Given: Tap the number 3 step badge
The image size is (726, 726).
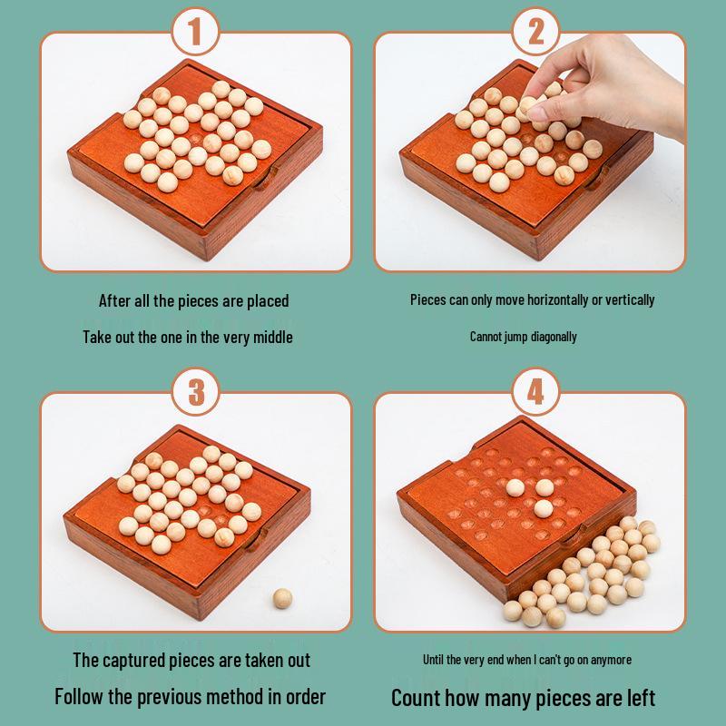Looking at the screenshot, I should [194, 393].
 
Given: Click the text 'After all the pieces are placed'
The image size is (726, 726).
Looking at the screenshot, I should [194, 300].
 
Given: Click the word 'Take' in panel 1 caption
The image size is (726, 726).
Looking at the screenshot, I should [98, 337].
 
